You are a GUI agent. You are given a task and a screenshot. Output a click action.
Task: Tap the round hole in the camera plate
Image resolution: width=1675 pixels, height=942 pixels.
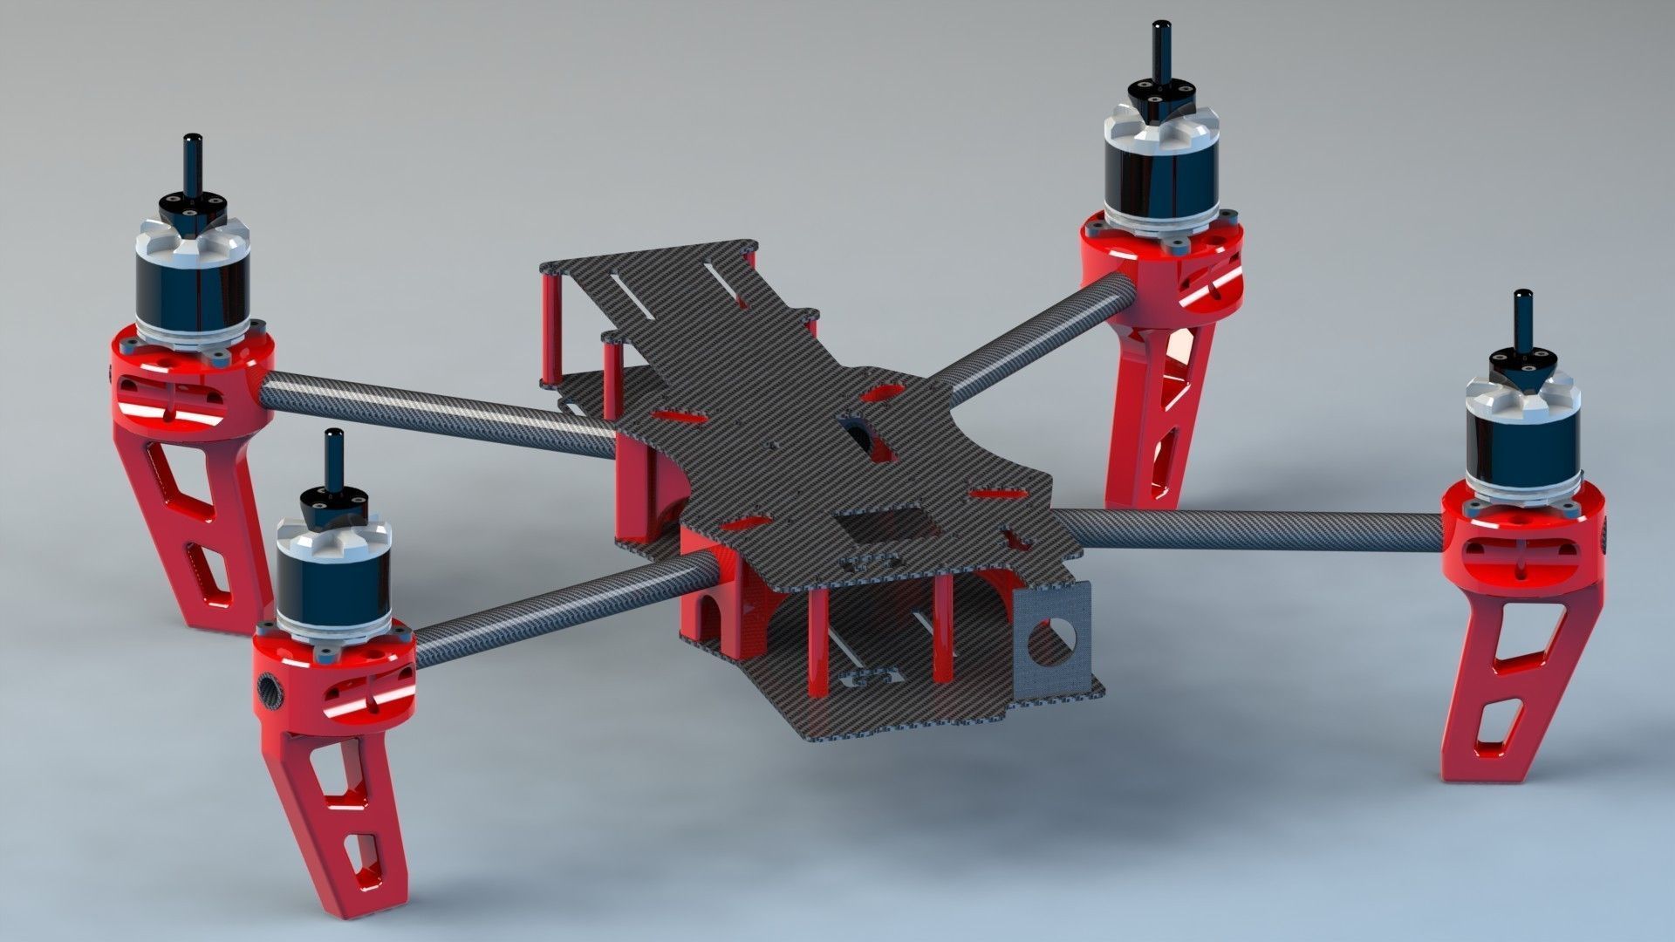click(1047, 644)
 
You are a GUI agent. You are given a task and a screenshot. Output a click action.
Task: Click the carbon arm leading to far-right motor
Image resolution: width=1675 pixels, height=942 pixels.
click(1248, 528)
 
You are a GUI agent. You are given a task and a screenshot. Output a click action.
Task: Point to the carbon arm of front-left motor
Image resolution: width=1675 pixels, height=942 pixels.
click(558, 602)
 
